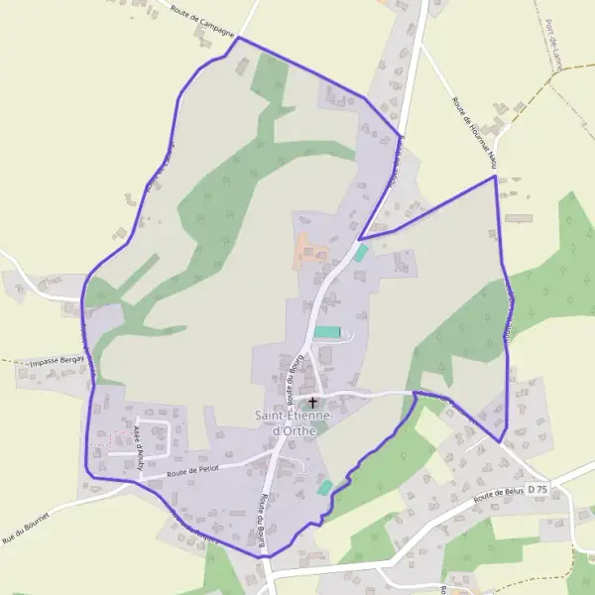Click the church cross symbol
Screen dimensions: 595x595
click(313, 403)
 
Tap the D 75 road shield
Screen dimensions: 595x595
click(537, 490)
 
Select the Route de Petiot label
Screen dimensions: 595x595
click(192, 471)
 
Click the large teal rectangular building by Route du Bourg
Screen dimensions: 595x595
click(327, 332)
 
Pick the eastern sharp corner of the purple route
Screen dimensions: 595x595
click(494, 178)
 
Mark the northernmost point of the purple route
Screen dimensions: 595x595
click(238, 38)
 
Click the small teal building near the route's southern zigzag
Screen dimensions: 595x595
click(324, 487)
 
